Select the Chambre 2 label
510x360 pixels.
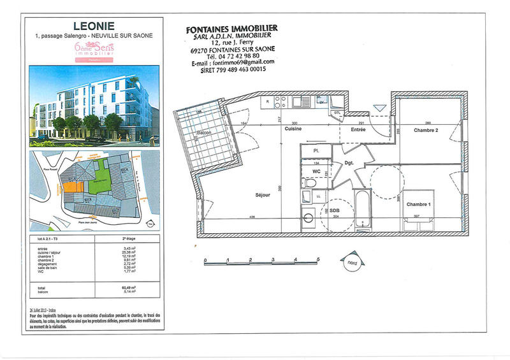click(x=426, y=130)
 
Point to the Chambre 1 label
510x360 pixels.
click(x=418, y=205)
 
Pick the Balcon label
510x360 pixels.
click(x=203, y=133)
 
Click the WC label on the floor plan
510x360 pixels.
click(x=317, y=171)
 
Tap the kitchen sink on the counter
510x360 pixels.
click(x=304, y=101)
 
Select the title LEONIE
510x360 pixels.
click(x=94, y=26)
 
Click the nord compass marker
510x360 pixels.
click(x=351, y=261)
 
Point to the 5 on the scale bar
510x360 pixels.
click(x=317, y=259)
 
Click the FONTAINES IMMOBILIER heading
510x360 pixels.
click(x=231, y=29)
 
